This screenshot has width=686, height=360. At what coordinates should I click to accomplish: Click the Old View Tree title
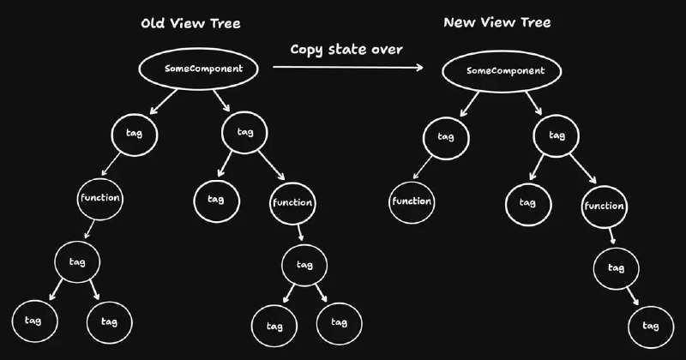coord(190,23)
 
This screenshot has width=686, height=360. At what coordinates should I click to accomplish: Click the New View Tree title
coord(497,22)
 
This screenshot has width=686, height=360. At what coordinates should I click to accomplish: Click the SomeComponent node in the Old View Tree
coord(198,68)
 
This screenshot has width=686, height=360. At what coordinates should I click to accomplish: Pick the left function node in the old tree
coord(99,197)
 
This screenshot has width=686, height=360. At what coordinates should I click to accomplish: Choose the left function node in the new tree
coord(412,202)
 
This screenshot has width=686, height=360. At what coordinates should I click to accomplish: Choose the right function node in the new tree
coord(604,207)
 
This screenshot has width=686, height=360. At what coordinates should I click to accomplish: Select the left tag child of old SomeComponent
coord(132,133)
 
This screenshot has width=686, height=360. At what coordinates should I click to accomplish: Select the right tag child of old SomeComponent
coord(243,132)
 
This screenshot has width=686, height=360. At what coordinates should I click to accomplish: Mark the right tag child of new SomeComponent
coord(556,135)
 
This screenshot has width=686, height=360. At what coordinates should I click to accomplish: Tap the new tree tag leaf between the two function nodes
coord(527,202)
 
